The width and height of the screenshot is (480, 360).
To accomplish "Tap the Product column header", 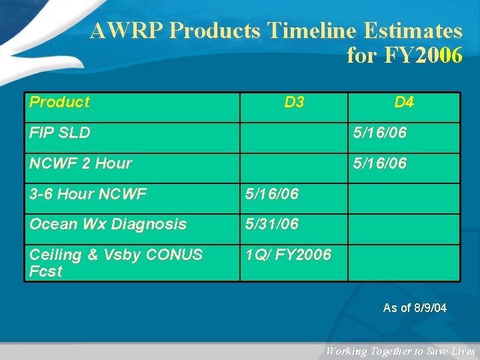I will [59, 102].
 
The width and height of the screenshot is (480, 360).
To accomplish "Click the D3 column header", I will [294, 102].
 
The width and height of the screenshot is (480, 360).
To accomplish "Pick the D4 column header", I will [404, 102].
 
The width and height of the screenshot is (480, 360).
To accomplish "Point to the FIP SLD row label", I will [60, 133].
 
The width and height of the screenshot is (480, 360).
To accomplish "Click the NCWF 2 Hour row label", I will [81, 163].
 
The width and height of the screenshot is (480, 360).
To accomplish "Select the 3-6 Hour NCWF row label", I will [88, 194].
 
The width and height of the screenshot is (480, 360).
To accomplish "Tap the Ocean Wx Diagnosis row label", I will [108, 224].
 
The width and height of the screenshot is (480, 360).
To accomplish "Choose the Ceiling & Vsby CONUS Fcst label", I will [115, 263].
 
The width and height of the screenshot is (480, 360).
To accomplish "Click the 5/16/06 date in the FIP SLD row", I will [379, 133].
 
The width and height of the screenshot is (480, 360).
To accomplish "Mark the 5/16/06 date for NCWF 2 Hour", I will [379, 163].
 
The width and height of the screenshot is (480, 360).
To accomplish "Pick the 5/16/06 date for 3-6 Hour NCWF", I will [272, 194].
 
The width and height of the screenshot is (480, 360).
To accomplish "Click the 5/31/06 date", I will [272, 224].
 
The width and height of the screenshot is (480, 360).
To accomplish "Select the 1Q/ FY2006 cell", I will [288, 255].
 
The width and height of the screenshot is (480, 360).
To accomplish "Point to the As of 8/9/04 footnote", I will [415, 308].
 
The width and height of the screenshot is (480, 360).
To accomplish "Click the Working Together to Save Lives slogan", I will [400, 351].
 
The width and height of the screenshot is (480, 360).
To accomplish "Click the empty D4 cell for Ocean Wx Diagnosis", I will [404, 229].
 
